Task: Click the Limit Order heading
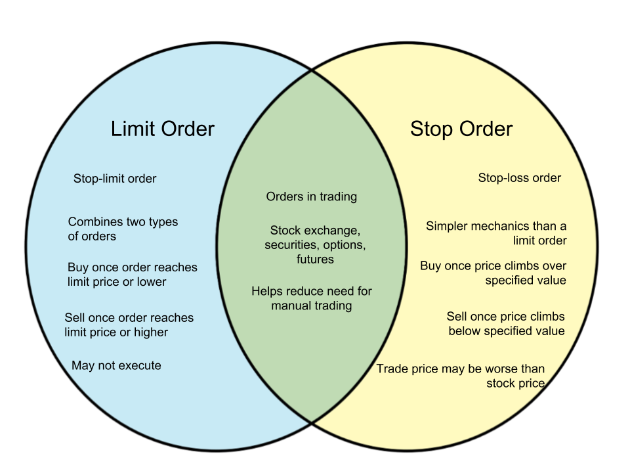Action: [163, 129]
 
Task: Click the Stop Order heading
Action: [461, 129]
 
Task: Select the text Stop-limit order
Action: [115, 179]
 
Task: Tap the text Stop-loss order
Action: [520, 178]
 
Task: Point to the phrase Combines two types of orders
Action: [123, 229]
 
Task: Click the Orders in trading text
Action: [312, 196]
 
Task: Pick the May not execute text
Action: [116, 365]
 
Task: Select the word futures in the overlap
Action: [315, 259]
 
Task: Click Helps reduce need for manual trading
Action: [312, 298]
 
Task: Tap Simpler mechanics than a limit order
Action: [496, 233]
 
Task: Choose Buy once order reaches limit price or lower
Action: [132, 275]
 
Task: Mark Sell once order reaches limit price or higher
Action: [129, 325]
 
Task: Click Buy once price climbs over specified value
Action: [493, 273]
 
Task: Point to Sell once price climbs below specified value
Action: [506, 323]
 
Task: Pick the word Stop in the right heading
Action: [431, 129]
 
